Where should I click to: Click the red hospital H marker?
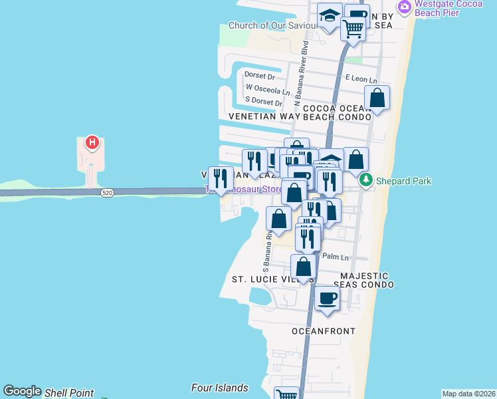point(92,142)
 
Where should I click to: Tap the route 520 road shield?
point(106,193)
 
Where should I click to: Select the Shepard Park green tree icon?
point(365,180)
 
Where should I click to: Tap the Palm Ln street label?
point(336,257)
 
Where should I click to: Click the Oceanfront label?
point(324,331)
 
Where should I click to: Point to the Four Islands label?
point(219,388)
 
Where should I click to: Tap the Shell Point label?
point(70,393)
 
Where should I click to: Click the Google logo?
point(22,391)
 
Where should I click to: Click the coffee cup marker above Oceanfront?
point(326,297)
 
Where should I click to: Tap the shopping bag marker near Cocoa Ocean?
point(377,98)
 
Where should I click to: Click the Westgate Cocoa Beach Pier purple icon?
point(403,7)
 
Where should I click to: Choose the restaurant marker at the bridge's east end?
point(221,178)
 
